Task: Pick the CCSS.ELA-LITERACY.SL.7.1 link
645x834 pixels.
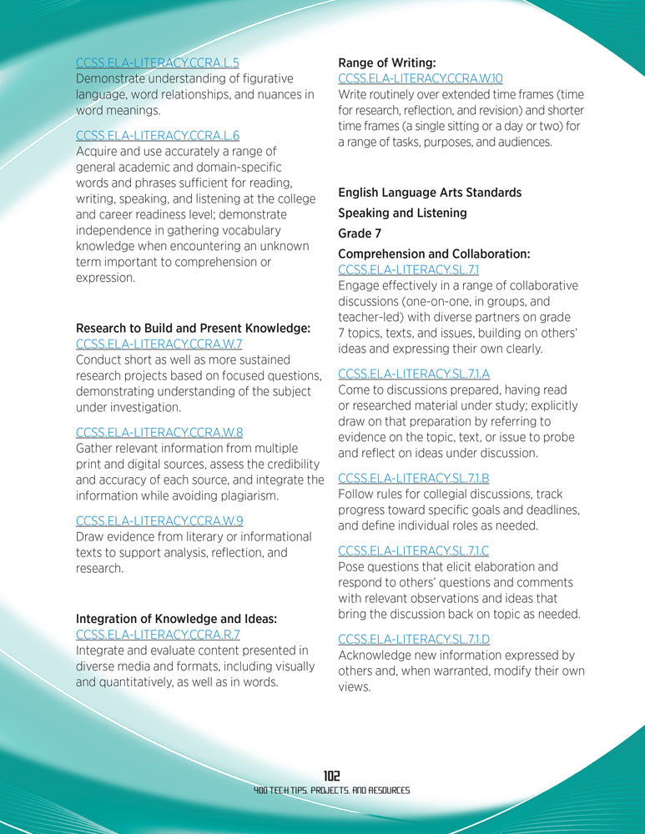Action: point(408,269)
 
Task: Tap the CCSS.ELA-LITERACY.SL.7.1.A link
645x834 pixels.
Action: point(414,374)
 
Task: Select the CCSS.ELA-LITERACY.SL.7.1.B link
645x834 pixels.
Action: point(413,478)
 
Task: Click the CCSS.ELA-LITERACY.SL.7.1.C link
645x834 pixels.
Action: point(413,550)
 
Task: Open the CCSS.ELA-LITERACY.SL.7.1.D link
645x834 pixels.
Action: point(414,639)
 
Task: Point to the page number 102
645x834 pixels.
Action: point(331,776)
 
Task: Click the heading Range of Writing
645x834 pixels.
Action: point(386,62)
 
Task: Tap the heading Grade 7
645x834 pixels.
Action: point(360,234)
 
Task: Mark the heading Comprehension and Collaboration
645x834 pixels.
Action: point(434,254)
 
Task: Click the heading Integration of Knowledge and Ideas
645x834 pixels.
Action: point(176,619)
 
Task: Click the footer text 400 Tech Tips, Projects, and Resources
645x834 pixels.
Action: point(331,791)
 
